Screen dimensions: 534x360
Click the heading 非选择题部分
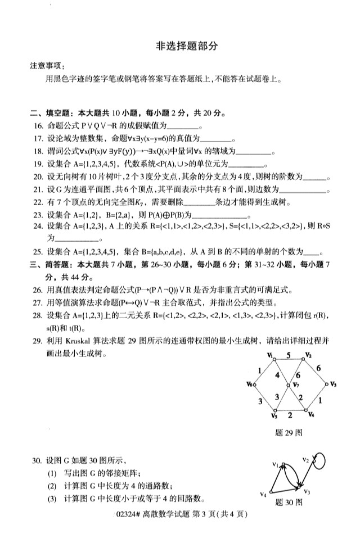coord(186,47)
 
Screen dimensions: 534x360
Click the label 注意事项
coord(47,66)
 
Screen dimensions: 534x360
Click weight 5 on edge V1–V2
coord(288,355)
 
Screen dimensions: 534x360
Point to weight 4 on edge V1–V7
coord(277,374)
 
